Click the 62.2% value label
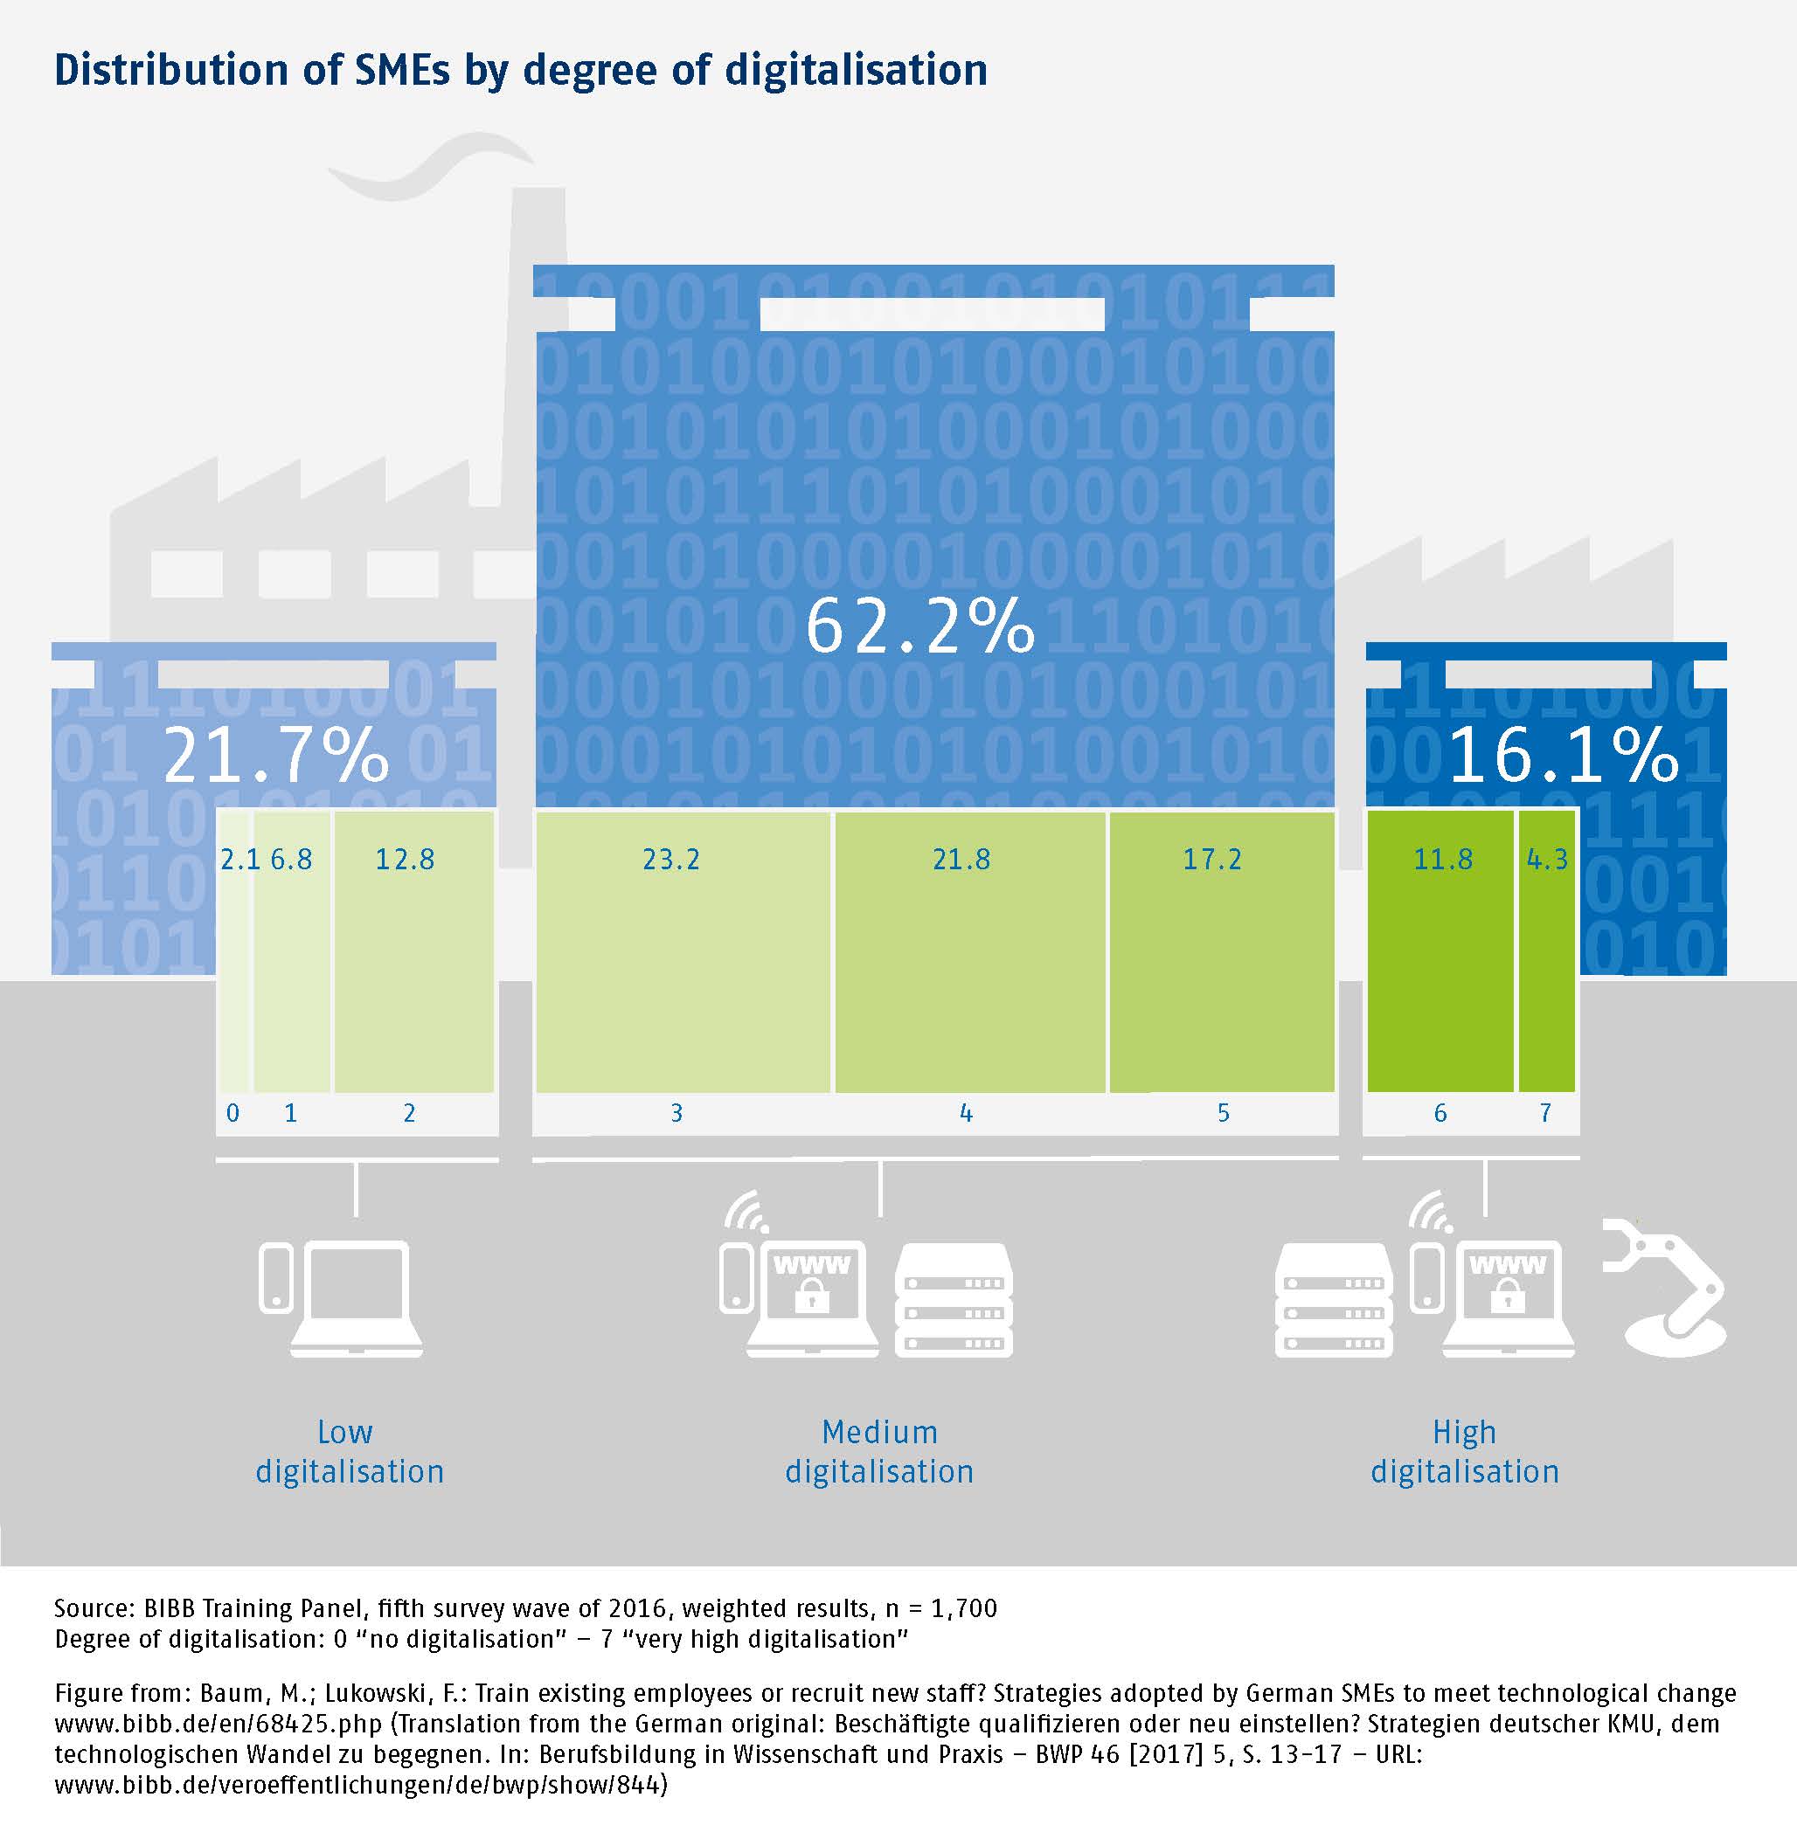(919, 626)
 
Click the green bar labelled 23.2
(683, 953)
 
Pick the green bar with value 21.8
(969, 953)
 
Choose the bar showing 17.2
(1221, 953)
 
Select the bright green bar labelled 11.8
(1440, 953)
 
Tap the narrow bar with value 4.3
(1546, 953)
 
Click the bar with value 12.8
(413, 953)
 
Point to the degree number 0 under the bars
(233, 1113)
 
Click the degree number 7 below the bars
(1545, 1113)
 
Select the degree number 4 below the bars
(966, 1113)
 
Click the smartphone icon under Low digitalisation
(275, 1279)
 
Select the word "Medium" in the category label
(879, 1432)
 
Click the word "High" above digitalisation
(1464, 1432)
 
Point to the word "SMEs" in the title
(400, 70)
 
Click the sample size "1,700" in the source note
(965, 1607)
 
